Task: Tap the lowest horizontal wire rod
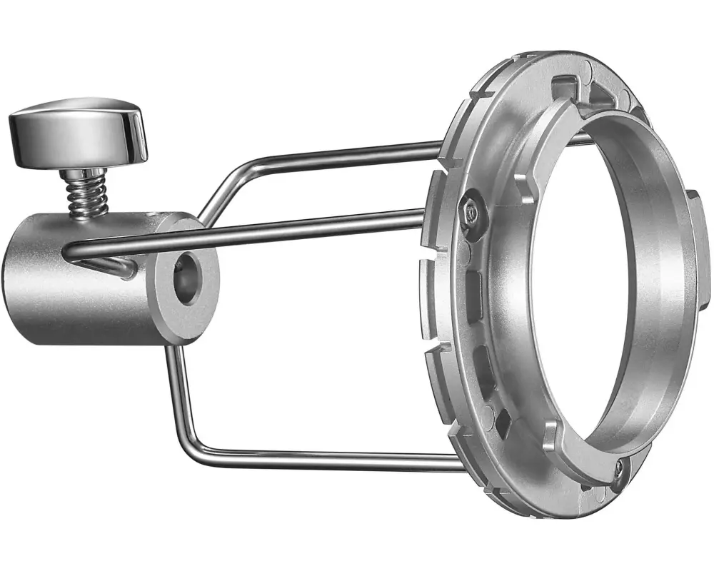321,460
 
